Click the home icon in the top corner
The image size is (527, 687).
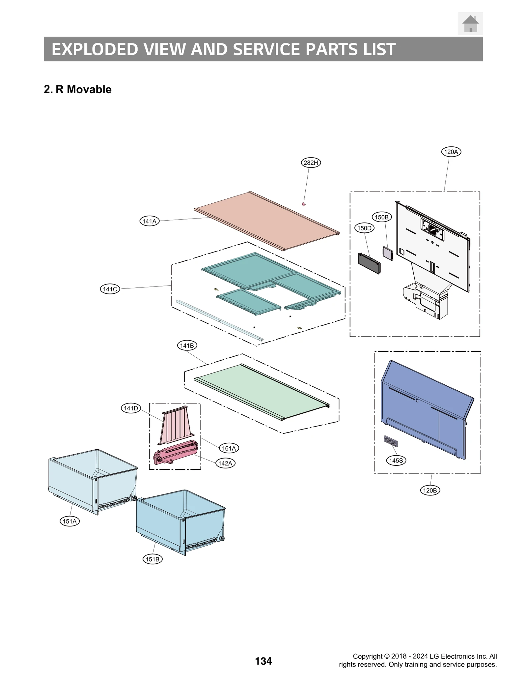(x=470, y=24)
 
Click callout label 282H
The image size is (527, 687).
(x=311, y=163)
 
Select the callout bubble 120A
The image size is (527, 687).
(x=451, y=152)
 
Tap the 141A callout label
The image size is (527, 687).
(x=150, y=221)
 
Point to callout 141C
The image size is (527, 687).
(x=110, y=289)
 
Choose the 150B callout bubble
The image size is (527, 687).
(x=382, y=217)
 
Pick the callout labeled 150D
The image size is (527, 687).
(x=364, y=228)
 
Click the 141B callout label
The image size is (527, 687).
(x=187, y=345)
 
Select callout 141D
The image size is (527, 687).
(x=131, y=408)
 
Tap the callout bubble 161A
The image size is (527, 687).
(x=229, y=448)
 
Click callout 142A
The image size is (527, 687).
(x=225, y=463)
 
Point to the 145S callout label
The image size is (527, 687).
(x=396, y=461)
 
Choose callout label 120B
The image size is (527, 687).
(x=430, y=491)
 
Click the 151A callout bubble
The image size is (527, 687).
(x=69, y=521)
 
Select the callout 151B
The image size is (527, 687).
(x=153, y=559)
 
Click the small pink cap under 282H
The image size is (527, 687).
(x=304, y=204)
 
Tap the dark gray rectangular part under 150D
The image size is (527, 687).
(x=369, y=263)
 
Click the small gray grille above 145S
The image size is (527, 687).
(x=391, y=441)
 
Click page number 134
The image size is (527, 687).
(x=263, y=661)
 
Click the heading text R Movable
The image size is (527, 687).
(x=84, y=89)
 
